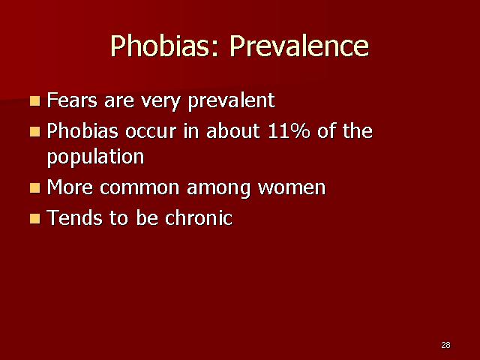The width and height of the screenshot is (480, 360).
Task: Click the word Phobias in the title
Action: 165,46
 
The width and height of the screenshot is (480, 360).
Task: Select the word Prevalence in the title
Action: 300,46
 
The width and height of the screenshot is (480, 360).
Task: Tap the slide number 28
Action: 445,345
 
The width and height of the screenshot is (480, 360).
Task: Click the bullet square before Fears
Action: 35,100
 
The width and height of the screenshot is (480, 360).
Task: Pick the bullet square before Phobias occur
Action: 35,132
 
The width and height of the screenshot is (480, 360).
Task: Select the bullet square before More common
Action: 35,187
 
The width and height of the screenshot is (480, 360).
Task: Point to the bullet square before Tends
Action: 35,218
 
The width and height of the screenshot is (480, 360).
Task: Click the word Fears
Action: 72,100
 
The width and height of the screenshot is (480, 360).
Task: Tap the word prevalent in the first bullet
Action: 232,101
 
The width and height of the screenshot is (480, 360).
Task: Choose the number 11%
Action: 289,131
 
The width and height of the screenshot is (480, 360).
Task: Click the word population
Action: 95,157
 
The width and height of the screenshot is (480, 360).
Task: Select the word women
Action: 292,188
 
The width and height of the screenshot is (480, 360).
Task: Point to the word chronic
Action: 199,217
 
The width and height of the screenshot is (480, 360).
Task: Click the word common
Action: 139,188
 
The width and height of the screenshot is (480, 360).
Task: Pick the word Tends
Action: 75,217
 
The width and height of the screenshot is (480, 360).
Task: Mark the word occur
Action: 151,132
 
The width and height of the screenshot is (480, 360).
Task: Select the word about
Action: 233,130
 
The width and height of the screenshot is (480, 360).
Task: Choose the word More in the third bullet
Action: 70,187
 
